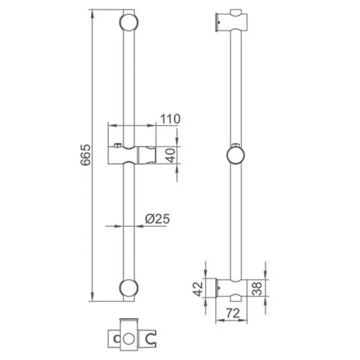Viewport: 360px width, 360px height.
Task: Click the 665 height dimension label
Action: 86,155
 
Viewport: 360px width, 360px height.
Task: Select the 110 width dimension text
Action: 170,119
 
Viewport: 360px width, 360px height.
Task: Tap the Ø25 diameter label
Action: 158,218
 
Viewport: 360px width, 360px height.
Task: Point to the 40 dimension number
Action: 171,155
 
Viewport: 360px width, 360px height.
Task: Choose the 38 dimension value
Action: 257,288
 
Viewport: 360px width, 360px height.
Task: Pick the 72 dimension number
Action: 233,313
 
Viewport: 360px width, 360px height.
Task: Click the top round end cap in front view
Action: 129,22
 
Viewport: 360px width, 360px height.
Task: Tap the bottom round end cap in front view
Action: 129,288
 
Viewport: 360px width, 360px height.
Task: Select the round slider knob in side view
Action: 236,156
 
